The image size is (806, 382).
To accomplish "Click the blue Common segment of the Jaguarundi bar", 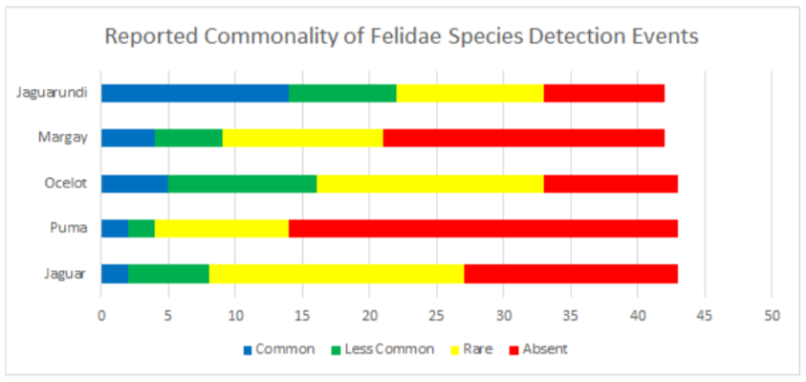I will click(195, 93).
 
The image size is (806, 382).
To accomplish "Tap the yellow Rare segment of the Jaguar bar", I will click(337, 274).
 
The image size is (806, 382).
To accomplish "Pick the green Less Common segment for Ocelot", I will click(242, 184).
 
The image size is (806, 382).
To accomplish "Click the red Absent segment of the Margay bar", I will click(523, 138).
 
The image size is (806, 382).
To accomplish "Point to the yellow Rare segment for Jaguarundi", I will click(469, 93).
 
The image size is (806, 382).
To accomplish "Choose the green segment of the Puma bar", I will click(142, 229).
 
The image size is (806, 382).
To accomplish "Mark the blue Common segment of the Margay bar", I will click(127, 138).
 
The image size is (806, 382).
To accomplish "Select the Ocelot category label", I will click(67, 184).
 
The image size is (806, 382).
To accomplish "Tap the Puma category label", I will click(71, 229).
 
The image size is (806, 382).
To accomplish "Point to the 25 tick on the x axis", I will click(436, 313).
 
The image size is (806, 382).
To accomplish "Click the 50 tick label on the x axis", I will click(771, 313).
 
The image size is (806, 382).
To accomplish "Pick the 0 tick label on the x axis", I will click(101, 313).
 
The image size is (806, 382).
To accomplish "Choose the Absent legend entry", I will click(544, 348).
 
